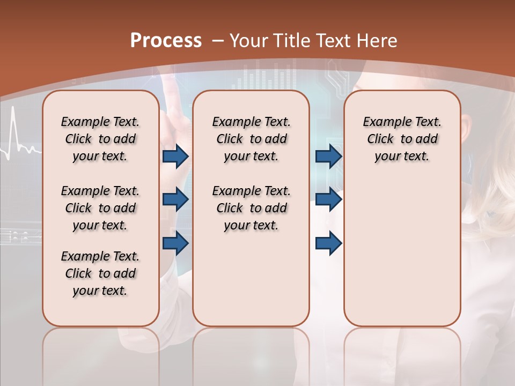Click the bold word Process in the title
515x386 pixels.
(x=166, y=40)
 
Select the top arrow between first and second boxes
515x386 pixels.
(x=175, y=156)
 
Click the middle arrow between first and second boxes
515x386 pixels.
(x=175, y=200)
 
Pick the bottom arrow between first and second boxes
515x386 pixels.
(x=175, y=243)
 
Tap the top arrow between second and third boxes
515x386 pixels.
(x=328, y=156)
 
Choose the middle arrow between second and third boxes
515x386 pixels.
(x=328, y=200)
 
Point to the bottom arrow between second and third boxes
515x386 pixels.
(x=328, y=243)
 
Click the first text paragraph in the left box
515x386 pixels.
(x=100, y=139)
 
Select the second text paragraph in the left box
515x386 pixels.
(x=100, y=208)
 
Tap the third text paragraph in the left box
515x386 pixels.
(x=100, y=273)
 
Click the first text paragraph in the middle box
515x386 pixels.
(x=251, y=139)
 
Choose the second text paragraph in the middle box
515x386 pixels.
(x=251, y=208)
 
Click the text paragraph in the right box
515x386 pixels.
(x=402, y=139)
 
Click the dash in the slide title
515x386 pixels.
(x=218, y=41)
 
